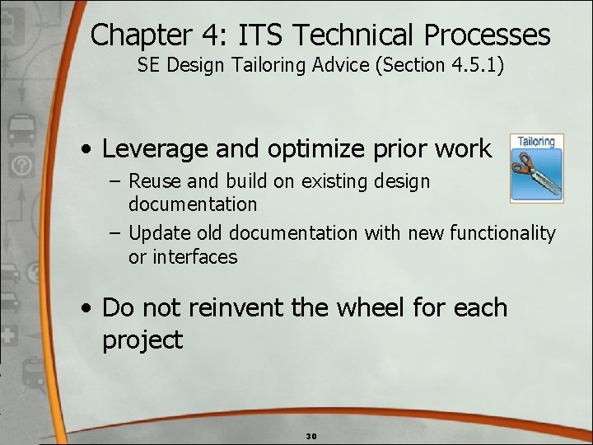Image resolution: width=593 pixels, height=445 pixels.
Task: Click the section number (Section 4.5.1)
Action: coord(440,65)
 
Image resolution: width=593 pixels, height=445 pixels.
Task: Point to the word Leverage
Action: coord(152,149)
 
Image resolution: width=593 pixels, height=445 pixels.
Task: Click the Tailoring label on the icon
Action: coord(536,141)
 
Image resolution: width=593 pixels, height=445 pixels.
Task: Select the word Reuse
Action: coord(154,180)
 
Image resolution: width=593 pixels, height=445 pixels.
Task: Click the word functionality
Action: coord(502,233)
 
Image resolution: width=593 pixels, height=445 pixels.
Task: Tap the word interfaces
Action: coord(183,256)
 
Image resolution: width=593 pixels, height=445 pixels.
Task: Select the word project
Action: coord(142,340)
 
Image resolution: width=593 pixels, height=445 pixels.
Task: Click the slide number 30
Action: coord(311,435)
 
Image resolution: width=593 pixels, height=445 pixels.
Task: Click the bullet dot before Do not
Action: coord(86,309)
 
